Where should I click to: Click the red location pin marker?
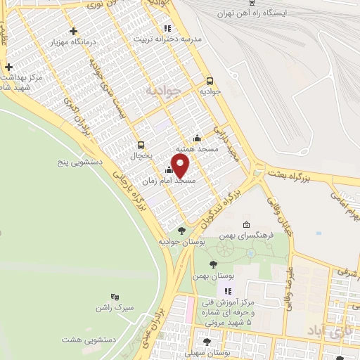click(181, 167)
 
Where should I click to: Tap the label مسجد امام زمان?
click(169, 181)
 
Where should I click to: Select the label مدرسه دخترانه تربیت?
click(168, 39)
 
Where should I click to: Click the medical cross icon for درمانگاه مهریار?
click(74, 31)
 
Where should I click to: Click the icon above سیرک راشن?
click(115, 297)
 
